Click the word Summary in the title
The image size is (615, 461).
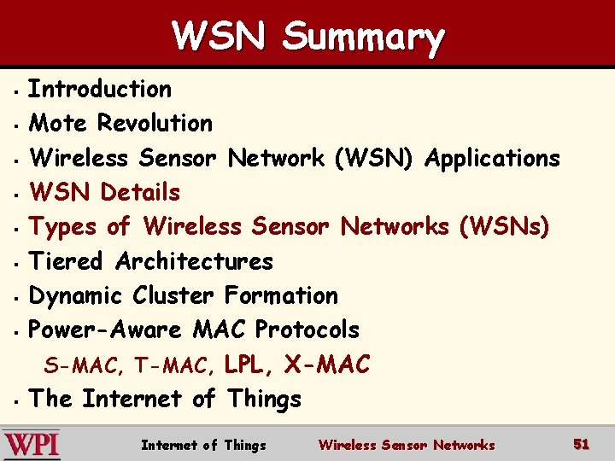[x=364, y=38]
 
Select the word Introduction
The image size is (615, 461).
[x=100, y=89]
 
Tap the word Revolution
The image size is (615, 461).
[x=155, y=123]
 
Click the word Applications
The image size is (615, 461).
[x=492, y=158]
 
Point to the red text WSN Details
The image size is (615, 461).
[x=104, y=192]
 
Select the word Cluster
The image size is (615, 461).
[x=173, y=295]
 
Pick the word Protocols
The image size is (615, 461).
[x=307, y=330]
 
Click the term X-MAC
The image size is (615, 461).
[x=327, y=365]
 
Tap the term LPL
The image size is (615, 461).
[x=249, y=365]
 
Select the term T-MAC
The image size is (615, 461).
[x=178, y=367]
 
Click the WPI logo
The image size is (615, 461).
[x=31, y=445]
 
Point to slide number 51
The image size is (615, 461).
[x=581, y=444]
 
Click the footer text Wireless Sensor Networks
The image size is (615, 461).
[x=407, y=445]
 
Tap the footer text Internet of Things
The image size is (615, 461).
[x=203, y=445]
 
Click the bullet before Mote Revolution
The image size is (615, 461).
[x=16, y=125]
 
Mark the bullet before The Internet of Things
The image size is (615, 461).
[x=16, y=400]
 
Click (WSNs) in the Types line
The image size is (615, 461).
[x=505, y=227]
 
